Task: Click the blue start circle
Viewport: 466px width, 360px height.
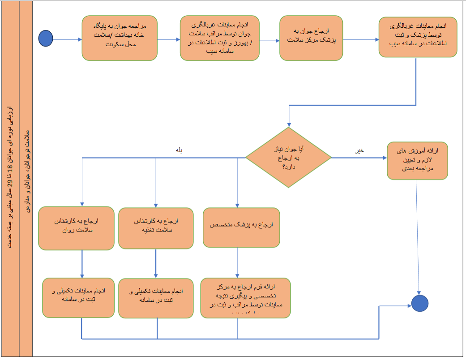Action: [46, 39]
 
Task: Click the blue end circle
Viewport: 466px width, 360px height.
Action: [420, 303]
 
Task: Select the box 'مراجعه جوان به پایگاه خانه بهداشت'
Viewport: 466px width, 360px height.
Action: [120, 38]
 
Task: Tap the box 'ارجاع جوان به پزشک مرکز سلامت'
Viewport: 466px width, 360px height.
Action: [311, 38]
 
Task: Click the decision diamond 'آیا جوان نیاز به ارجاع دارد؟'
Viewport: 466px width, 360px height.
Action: [288, 157]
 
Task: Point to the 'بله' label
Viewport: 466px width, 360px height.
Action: [180, 150]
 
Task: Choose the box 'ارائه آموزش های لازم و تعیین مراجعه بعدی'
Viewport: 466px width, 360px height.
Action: [417, 161]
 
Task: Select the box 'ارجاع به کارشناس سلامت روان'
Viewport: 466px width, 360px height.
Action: [76, 227]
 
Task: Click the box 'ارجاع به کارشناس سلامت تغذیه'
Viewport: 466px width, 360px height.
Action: [156, 227]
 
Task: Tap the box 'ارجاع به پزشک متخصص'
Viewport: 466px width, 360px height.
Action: [241, 227]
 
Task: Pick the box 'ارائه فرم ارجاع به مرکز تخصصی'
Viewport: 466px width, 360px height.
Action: [245, 298]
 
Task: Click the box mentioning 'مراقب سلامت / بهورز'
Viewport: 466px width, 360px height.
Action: [220, 38]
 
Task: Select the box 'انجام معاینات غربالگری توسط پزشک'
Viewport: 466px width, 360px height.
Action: [418, 37]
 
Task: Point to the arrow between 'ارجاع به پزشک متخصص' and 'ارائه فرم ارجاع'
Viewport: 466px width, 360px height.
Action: [237, 262]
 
